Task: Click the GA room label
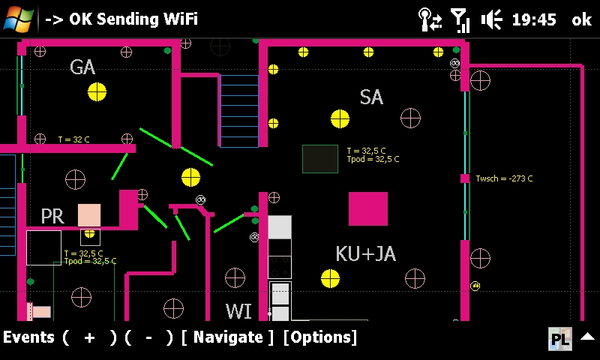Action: pos(82,67)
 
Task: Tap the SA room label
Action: pos(371,97)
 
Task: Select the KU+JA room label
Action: pos(365,254)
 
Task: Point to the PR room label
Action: pos(52,217)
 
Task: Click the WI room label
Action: pos(238,310)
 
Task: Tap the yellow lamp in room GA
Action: pos(97,92)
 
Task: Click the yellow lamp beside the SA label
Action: pos(340,118)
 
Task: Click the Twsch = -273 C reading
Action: pos(505,178)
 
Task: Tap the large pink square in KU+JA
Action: pos(368,208)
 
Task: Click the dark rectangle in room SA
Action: pos(320,158)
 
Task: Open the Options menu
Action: pos(320,337)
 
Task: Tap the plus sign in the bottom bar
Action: pos(90,337)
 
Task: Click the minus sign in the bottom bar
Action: pos(148,337)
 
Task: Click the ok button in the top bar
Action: pos(581,19)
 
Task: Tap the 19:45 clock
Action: pos(534,19)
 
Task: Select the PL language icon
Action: pos(559,338)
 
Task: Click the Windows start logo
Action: pos(18,19)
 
